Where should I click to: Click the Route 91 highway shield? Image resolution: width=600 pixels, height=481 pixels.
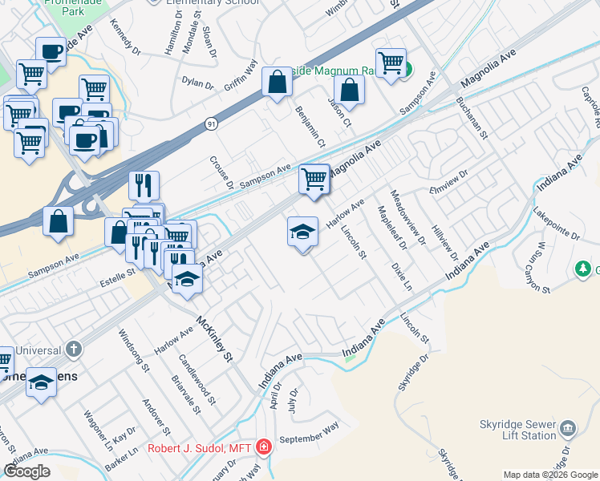point(210,124)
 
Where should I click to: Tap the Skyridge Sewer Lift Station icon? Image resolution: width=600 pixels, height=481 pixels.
point(568,428)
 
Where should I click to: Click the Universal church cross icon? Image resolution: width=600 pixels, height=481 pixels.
point(73,349)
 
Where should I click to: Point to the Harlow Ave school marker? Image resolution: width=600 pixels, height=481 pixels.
point(302,232)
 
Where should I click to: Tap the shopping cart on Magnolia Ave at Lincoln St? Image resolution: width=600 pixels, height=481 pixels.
point(314,178)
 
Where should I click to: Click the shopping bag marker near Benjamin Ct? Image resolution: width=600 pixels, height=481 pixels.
point(277,82)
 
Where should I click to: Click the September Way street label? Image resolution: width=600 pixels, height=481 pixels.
point(308,438)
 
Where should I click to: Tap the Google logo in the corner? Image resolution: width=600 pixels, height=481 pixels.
point(27,471)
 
